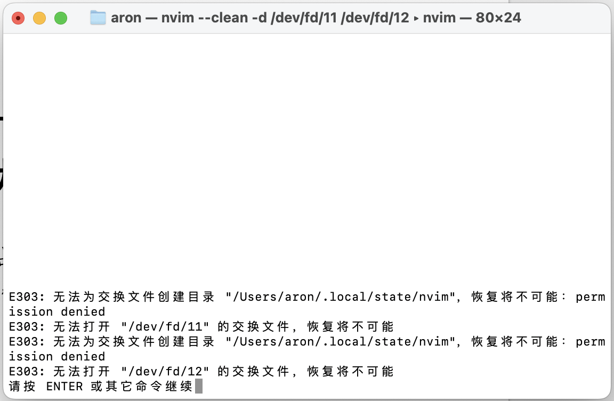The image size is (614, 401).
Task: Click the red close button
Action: [18, 18]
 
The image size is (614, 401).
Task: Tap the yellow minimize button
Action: [39, 18]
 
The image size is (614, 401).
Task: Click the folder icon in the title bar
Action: [98, 18]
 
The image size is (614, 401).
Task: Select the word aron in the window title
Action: [126, 18]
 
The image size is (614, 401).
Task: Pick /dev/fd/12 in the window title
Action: [376, 18]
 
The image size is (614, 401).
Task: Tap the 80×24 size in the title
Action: [497, 18]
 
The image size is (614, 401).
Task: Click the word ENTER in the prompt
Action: [64, 386]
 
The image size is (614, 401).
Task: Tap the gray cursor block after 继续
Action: [199, 386]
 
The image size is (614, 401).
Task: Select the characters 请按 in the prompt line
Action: [22, 386]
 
